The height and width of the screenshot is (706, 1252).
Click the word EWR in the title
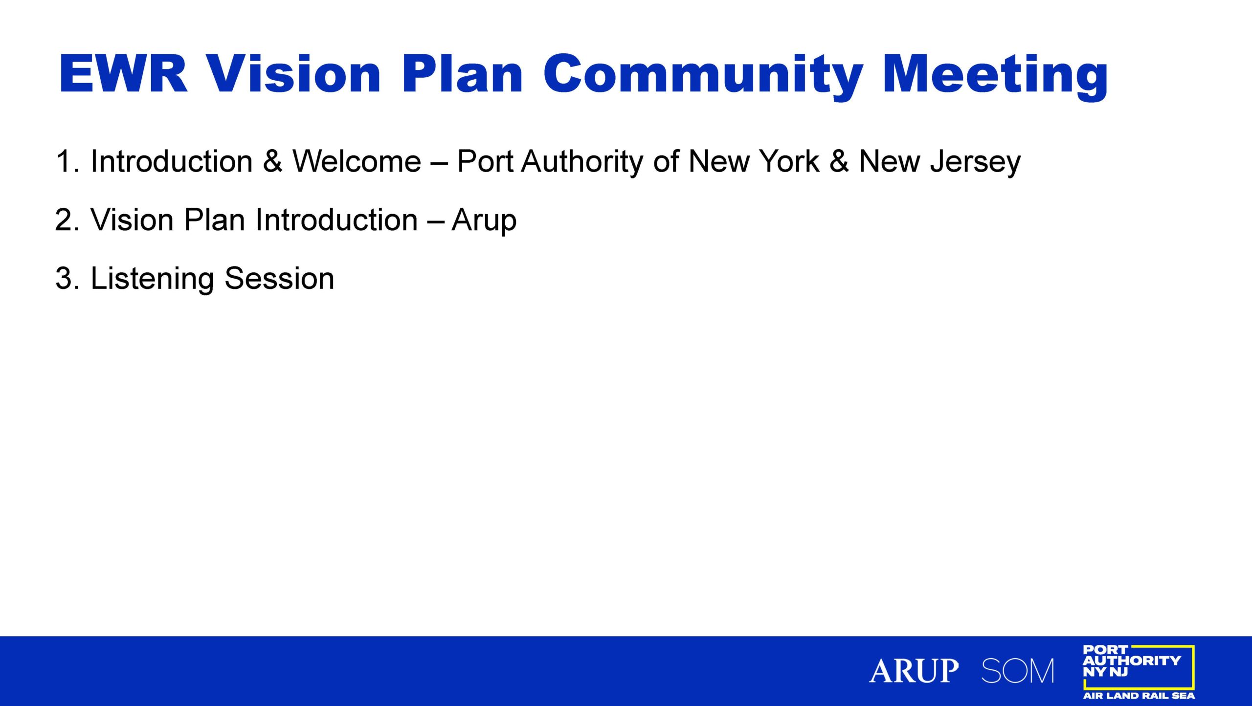click(123, 74)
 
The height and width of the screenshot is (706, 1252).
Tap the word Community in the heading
click(703, 77)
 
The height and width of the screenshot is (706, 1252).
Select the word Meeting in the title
click(995, 77)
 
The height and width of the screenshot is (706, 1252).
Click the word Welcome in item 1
click(357, 161)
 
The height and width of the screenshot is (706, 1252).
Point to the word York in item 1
click(788, 161)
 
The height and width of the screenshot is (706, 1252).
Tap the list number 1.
click(67, 161)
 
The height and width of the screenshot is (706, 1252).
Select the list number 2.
click(67, 220)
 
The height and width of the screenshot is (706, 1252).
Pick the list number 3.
click(67, 278)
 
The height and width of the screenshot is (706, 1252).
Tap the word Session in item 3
click(279, 278)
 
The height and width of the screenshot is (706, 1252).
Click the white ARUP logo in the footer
click(914, 670)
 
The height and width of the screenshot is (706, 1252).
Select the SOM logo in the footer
click(1018, 670)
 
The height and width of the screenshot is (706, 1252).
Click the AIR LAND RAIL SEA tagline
click(1139, 695)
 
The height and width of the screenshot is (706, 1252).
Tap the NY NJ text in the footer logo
click(1105, 672)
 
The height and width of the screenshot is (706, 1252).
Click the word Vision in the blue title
click(293, 74)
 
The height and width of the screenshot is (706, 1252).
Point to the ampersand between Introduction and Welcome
click(272, 161)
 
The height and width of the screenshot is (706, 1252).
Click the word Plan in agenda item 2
click(214, 220)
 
